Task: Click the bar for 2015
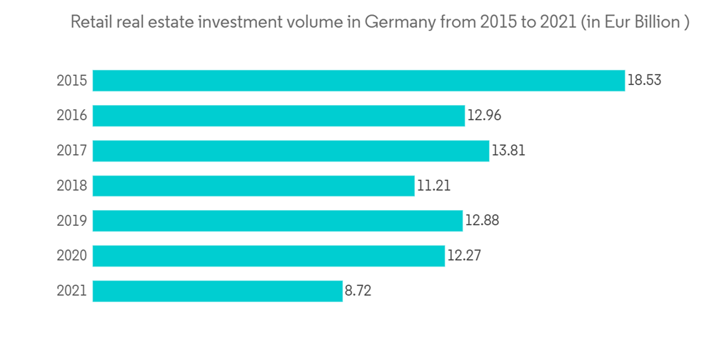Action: (x=358, y=81)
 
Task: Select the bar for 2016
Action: (x=278, y=116)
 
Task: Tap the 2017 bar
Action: (x=291, y=151)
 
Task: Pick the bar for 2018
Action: (x=253, y=186)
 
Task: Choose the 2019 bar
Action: (x=278, y=221)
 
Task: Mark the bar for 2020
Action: (x=268, y=256)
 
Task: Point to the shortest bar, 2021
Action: (x=218, y=291)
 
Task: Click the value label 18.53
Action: (x=644, y=81)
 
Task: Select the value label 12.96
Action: (x=485, y=116)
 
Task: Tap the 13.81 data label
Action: (x=508, y=151)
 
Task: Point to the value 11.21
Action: (x=433, y=186)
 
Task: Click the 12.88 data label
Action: (x=482, y=221)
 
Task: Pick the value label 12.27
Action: (x=464, y=256)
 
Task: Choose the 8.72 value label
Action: (x=358, y=291)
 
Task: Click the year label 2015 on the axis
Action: (x=71, y=81)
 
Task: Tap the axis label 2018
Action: (x=71, y=186)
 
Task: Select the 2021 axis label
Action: (x=71, y=291)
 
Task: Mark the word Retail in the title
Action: (x=89, y=23)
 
